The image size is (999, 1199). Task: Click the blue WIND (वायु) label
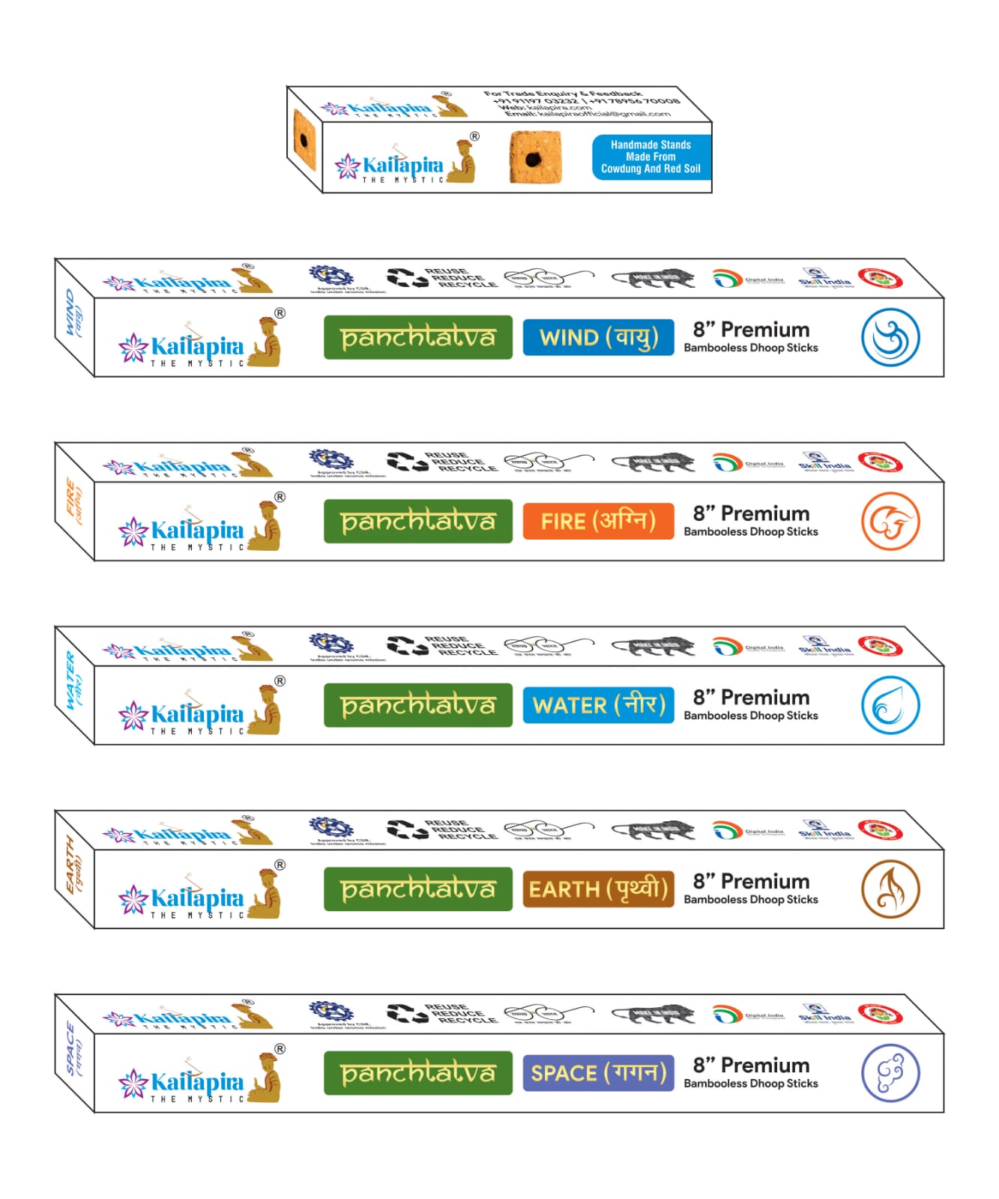[598, 337]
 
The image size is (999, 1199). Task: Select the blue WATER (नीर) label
[598, 705]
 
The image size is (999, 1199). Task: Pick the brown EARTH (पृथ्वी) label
[598, 889]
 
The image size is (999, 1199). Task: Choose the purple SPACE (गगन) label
[598, 1072]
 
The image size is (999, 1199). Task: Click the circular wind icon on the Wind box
[890, 337]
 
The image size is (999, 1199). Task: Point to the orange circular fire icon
[890, 521]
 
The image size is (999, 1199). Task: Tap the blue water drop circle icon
[890, 705]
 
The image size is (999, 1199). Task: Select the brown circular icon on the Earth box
[890, 889]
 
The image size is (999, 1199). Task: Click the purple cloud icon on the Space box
[890, 1072]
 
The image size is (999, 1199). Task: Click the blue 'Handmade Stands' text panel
[651, 157]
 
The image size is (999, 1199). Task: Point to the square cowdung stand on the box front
[535, 157]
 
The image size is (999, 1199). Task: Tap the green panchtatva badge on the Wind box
[417, 337]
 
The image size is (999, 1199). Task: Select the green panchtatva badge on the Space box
[417, 1072]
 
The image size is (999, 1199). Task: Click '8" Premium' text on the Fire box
[751, 513]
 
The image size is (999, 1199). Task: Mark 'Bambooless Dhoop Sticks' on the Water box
[751, 716]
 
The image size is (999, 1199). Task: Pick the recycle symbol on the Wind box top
[408, 278]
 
